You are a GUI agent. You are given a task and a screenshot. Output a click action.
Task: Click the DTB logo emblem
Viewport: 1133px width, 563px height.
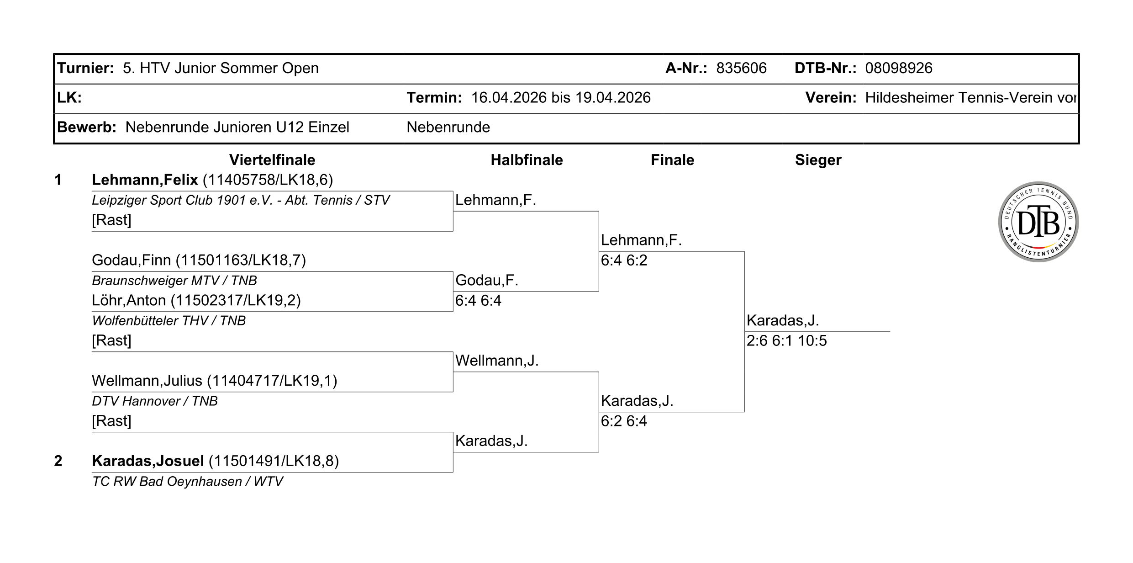[1038, 222]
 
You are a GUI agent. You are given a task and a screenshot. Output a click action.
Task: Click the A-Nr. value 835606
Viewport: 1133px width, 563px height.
[741, 68]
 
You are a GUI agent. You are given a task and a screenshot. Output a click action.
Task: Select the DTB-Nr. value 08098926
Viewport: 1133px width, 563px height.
[898, 68]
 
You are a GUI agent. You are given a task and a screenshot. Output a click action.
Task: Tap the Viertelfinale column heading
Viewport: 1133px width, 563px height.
[272, 160]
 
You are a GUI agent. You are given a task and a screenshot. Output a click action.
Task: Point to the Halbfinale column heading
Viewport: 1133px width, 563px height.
[527, 160]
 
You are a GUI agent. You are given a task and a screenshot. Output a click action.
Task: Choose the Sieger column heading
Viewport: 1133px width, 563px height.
[818, 160]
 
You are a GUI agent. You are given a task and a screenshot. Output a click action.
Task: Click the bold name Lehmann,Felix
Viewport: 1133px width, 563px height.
[145, 180]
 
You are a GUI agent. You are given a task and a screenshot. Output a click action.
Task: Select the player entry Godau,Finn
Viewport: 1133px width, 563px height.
[199, 260]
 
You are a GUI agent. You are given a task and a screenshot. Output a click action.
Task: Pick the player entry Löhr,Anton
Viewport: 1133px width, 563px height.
[196, 300]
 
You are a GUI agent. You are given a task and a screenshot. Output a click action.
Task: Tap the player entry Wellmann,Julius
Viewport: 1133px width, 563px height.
[215, 381]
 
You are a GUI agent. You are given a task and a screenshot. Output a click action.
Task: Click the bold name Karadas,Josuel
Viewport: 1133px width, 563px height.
[148, 461]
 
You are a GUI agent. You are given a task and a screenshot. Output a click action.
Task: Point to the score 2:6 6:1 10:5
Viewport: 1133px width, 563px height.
[786, 340]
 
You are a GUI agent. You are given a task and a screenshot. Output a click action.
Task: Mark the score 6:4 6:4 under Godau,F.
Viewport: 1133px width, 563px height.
[478, 300]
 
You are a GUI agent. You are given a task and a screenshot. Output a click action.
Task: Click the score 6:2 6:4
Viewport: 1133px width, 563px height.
[624, 421]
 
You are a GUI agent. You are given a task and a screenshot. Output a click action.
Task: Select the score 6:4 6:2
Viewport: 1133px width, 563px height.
[624, 260]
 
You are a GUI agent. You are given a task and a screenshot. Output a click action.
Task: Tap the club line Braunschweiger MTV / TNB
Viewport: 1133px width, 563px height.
[174, 280]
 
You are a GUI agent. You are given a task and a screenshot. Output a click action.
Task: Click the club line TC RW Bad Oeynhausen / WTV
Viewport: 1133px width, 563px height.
[187, 481]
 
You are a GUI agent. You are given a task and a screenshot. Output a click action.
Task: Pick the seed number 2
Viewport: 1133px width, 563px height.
[58, 461]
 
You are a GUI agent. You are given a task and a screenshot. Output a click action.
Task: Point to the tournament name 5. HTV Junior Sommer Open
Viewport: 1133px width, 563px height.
[221, 68]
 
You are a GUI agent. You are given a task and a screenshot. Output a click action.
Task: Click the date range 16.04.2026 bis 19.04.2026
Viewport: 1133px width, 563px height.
[561, 98]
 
